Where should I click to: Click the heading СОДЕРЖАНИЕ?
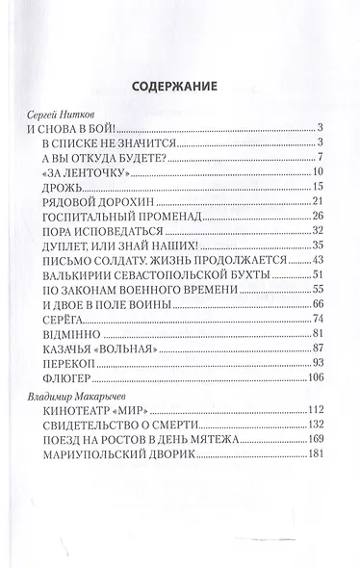[179, 84]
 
